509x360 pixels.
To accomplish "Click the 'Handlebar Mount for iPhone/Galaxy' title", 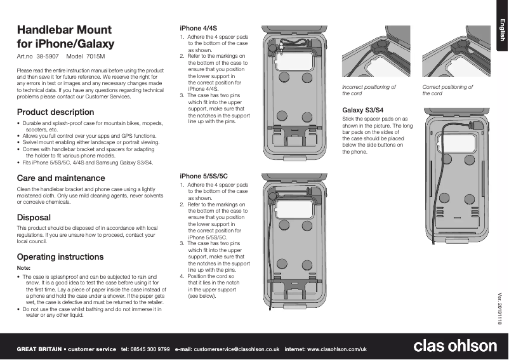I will click(65, 37).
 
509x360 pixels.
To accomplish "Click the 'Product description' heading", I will click(55, 112).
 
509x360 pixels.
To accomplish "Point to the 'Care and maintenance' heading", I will click(61, 178).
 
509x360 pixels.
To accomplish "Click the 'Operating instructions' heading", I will click(60, 257).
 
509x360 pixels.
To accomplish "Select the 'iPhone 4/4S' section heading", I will click(198, 28).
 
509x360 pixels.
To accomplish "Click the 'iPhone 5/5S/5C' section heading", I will click(203, 175).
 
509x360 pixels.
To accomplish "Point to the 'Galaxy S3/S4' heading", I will click(362, 110).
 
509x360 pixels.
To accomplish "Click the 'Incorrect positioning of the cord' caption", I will click(369, 90).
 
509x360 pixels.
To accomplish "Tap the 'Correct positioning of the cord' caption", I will click(447, 90).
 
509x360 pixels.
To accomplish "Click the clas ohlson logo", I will click(455, 345).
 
